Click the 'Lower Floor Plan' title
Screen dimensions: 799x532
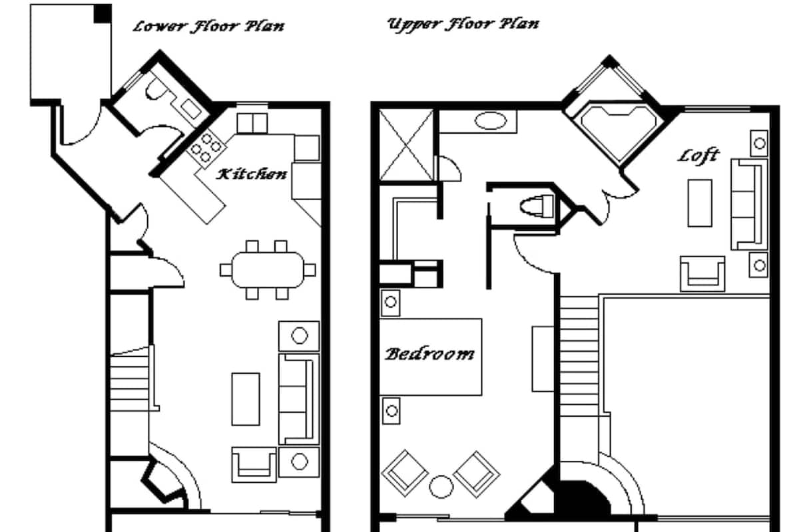[x=208, y=27]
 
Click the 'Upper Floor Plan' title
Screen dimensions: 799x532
[x=463, y=25]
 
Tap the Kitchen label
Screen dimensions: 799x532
[x=252, y=174]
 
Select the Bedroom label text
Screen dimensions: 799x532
[x=430, y=354]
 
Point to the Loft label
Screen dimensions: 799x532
[x=698, y=156]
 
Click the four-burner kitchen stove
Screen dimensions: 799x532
[x=206, y=148]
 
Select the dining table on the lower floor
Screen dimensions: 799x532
[x=268, y=270]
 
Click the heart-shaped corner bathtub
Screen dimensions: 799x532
[x=619, y=132]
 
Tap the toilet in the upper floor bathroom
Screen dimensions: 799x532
[x=537, y=207]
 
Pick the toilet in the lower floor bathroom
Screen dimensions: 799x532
[x=156, y=88]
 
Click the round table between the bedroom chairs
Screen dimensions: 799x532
[x=441, y=487]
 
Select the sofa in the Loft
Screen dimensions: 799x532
[x=748, y=204]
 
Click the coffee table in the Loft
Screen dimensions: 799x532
[x=700, y=203]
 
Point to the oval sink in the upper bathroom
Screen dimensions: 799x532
[x=491, y=121]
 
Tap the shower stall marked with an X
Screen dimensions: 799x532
[x=406, y=145]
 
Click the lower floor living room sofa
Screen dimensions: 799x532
[x=298, y=399]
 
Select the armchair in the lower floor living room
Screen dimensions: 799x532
[x=254, y=465]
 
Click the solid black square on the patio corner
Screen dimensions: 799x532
[x=103, y=14]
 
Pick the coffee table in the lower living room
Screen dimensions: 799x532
[x=246, y=399]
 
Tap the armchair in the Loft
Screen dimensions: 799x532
[x=702, y=274]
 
